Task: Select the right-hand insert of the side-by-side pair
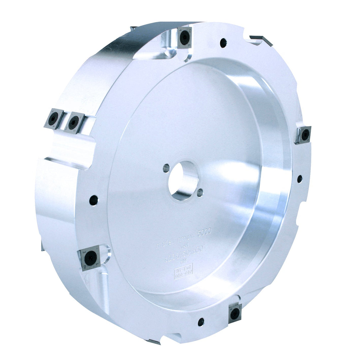(74, 122)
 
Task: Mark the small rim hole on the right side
(300, 179)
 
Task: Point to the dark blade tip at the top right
(261, 39)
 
